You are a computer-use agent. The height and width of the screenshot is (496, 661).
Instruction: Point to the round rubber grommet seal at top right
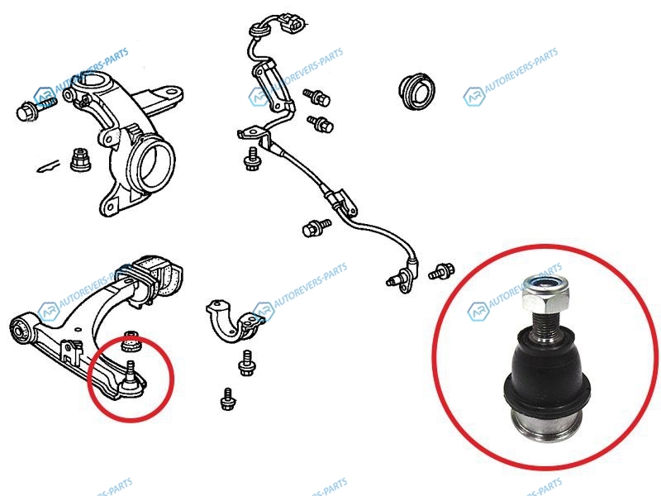(416, 91)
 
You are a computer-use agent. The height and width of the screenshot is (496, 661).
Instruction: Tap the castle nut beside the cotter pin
(80, 160)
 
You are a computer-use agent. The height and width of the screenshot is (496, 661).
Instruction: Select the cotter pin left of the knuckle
(48, 166)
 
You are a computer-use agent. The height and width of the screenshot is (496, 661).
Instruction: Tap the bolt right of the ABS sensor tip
(441, 271)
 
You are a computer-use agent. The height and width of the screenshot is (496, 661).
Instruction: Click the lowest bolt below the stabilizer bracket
(228, 399)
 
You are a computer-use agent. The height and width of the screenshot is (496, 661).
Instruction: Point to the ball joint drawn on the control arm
(131, 379)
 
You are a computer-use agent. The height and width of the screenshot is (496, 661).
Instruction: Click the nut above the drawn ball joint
(131, 341)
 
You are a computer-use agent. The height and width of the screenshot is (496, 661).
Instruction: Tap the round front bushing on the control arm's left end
(19, 327)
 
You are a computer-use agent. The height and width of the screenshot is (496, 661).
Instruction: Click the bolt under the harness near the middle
(317, 229)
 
